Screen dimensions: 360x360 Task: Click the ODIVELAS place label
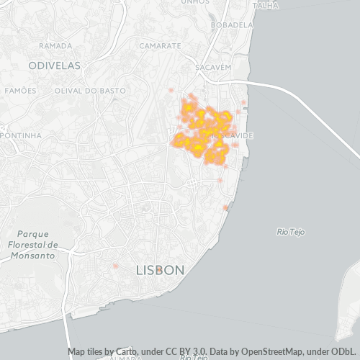(x=54, y=65)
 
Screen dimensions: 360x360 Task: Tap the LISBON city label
(x=160, y=270)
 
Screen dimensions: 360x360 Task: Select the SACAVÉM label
(x=213, y=67)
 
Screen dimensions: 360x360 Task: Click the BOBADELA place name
(x=232, y=24)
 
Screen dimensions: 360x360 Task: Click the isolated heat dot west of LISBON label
(x=114, y=266)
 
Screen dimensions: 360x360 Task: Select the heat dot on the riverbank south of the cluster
(x=225, y=208)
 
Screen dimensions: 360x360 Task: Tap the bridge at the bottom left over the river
(x=68, y=338)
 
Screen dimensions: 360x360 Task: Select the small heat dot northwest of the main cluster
(x=171, y=91)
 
